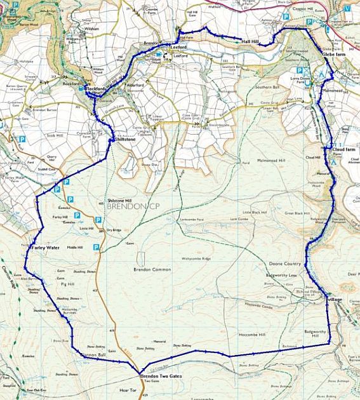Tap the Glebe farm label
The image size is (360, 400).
click(x=334, y=55)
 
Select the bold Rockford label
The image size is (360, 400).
click(x=95, y=89)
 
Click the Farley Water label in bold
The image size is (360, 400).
click(x=44, y=248)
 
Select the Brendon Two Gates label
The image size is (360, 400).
click(x=161, y=377)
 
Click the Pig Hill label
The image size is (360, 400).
click(x=67, y=284)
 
